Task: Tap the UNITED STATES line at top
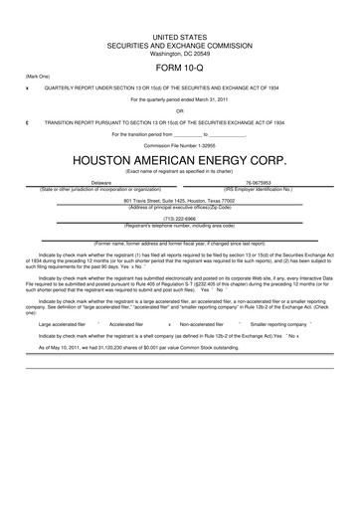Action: tap(179, 35)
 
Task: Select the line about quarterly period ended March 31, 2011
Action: tap(179, 99)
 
